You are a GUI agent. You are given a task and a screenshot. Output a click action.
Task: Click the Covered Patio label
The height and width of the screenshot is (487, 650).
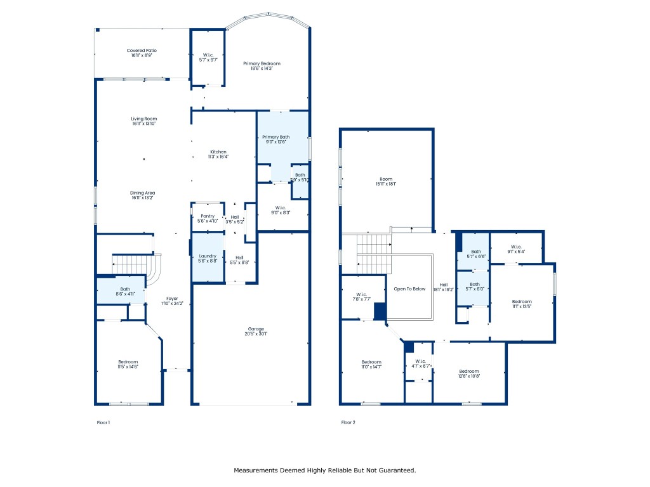pyautogui.click(x=142, y=51)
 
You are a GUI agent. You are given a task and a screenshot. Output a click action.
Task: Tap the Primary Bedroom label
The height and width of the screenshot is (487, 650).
pyautogui.click(x=262, y=63)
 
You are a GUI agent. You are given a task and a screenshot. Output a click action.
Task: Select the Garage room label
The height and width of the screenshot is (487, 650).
pyautogui.click(x=256, y=329)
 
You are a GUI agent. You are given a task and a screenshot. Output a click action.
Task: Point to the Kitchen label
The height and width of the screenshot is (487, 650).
pyautogui.click(x=218, y=152)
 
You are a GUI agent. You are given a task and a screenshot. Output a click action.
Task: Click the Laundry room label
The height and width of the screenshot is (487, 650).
pyautogui.click(x=208, y=256)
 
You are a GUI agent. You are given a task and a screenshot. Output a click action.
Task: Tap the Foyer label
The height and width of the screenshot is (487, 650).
pyautogui.click(x=172, y=298)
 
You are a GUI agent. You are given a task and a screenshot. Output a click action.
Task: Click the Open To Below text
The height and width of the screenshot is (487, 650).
pyautogui.click(x=409, y=289)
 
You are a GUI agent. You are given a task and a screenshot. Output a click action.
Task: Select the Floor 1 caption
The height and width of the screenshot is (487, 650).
pyautogui.click(x=103, y=422)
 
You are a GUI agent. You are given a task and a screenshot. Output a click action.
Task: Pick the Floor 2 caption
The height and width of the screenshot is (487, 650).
pyautogui.click(x=348, y=422)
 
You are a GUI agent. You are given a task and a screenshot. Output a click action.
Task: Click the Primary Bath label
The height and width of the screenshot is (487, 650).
pyautogui.click(x=276, y=137)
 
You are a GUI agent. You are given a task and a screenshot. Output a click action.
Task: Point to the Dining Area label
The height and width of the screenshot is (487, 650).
pyautogui.click(x=143, y=193)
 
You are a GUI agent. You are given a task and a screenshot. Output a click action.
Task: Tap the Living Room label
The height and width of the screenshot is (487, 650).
pyautogui.click(x=144, y=119)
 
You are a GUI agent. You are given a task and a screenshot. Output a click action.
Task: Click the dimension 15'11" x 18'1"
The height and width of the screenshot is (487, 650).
pyautogui.click(x=387, y=185)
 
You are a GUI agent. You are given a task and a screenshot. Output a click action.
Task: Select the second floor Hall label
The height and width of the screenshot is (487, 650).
pyautogui.click(x=444, y=284)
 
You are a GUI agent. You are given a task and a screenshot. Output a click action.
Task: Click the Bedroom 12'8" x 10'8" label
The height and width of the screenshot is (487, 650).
pyautogui.click(x=469, y=371)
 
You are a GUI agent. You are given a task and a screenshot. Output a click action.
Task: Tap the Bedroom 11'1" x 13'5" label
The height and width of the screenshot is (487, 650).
pyautogui.click(x=522, y=301)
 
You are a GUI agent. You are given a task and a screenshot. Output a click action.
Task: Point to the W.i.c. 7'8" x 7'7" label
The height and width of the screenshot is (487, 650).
pyautogui.click(x=362, y=294)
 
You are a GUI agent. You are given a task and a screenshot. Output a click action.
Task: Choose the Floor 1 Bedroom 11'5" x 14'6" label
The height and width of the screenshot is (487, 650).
pyautogui.click(x=128, y=361)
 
